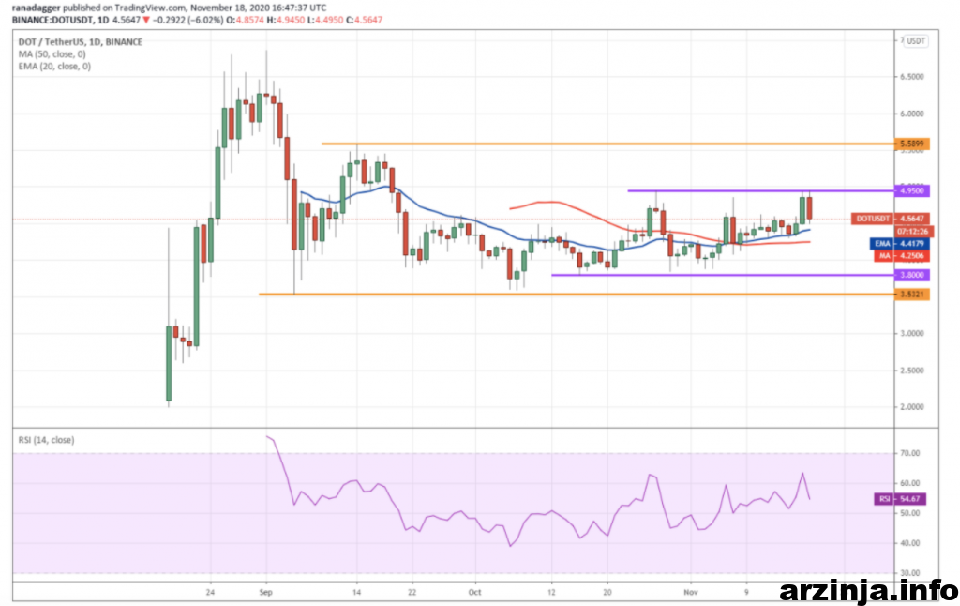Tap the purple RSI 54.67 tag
(883, 499)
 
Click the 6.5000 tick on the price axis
(912, 77)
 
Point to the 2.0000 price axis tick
(912, 407)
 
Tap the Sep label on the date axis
(265, 593)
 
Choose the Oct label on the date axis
(476, 593)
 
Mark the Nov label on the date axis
(690, 593)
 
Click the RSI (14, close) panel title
(46, 440)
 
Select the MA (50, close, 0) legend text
(54, 54)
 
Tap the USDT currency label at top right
(916, 41)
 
